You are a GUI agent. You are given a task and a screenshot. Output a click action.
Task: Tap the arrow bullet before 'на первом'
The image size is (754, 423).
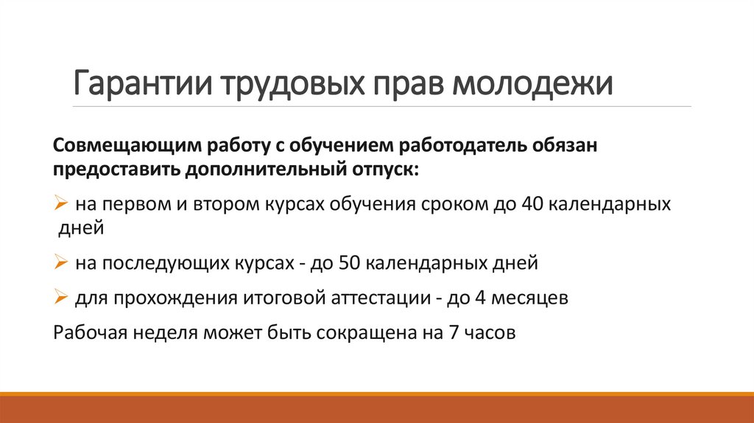pos(61,203)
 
